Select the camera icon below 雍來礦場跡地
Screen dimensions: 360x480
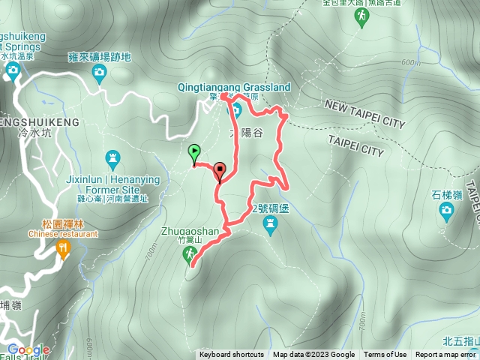[x=99, y=73]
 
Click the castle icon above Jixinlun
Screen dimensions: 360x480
[x=113, y=157]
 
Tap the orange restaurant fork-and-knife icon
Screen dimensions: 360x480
[x=63, y=248]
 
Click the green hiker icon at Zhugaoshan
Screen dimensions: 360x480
[x=188, y=256]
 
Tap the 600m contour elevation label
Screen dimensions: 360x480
[x=411, y=63]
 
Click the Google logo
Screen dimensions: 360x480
[x=28, y=349]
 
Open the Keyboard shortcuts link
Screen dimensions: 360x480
[x=231, y=355]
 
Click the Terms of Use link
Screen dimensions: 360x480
[x=385, y=355]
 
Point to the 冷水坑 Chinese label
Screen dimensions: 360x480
[x=30, y=132]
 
